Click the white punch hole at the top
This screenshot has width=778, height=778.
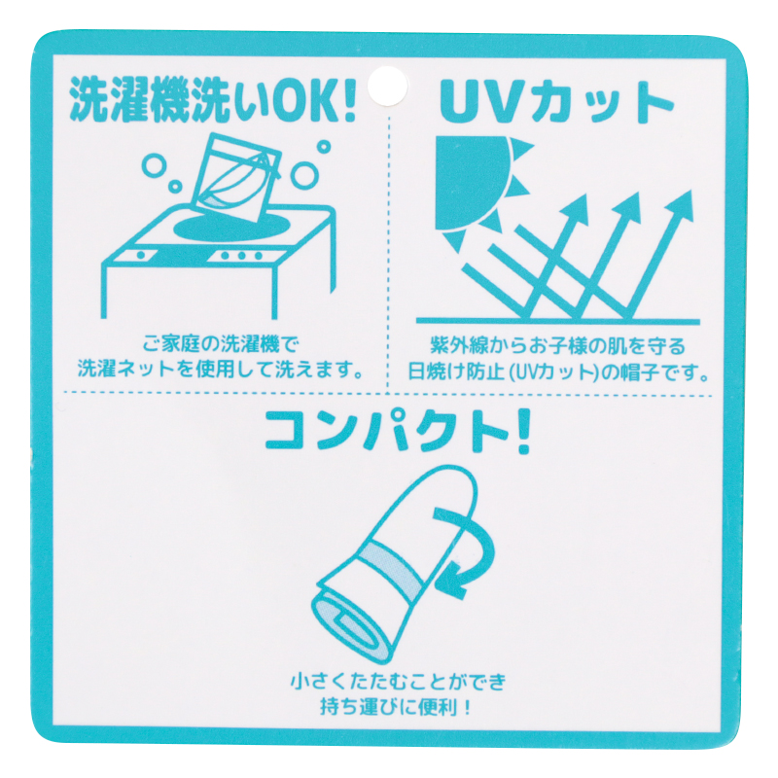(387, 87)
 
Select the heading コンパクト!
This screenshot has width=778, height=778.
(397, 432)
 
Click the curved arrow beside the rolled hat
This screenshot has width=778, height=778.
(467, 550)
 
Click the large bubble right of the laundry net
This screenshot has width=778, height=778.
(304, 175)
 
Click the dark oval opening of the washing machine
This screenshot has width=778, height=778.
(233, 228)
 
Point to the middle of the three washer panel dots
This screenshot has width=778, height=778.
(241, 256)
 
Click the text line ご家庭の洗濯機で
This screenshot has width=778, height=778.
(222, 344)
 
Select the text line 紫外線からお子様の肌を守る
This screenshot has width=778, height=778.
(557, 345)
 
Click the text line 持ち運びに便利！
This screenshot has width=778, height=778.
(396, 708)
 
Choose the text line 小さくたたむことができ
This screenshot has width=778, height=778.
(398, 682)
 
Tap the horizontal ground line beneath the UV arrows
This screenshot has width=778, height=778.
(557, 322)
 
